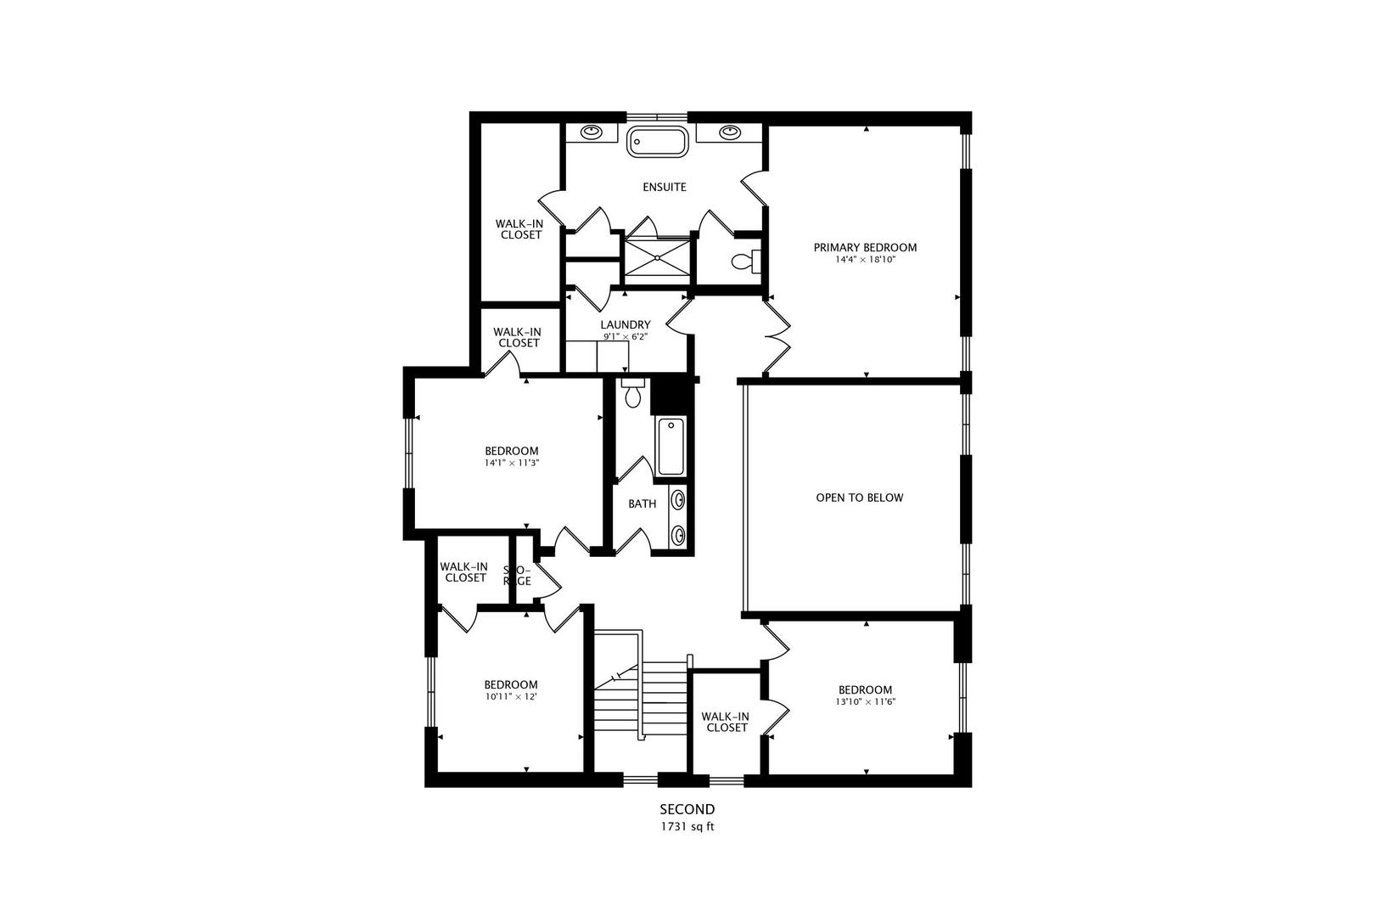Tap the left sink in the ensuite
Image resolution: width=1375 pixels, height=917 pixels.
(x=592, y=132)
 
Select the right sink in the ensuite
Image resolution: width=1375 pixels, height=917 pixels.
(x=728, y=132)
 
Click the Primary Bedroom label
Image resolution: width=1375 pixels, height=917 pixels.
(x=865, y=248)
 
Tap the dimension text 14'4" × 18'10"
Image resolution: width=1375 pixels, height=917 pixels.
(x=865, y=260)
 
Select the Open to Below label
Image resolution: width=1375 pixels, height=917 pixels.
(x=859, y=498)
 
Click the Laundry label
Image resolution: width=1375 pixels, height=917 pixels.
(x=626, y=324)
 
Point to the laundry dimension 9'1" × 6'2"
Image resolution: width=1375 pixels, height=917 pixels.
(x=626, y=336)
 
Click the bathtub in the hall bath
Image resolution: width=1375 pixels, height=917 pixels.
(x=671, y=447)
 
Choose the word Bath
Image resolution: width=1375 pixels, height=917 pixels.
(x=642, y=504)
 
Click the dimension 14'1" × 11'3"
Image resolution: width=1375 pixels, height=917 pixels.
(x=512, y=463)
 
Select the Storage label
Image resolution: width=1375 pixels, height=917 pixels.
(x=517, y=576)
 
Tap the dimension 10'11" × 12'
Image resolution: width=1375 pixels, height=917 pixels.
(x=511, y=696)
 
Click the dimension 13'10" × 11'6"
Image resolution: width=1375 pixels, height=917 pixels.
(x=865, y=702)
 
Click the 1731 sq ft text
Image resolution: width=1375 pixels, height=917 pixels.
(x=687, y=825)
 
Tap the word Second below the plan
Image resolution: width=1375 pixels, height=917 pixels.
(x=687, y=809)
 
